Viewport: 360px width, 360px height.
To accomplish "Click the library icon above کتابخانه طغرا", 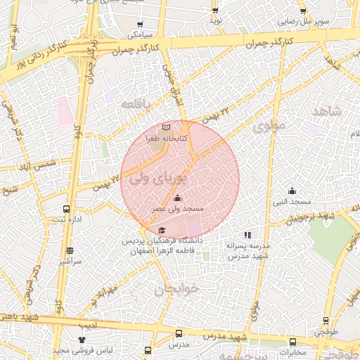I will pos(166,127).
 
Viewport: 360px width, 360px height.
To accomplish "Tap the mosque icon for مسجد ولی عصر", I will pos(176,198).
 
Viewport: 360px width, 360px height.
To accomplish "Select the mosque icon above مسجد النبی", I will pos(292,191).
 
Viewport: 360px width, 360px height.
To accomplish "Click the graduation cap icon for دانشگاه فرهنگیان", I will pos(162,230).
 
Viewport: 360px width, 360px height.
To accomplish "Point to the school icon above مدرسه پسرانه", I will pos(247,235).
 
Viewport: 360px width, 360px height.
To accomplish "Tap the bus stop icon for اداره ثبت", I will pos(67,209).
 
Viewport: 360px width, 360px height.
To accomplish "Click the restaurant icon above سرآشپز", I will pos(70,250).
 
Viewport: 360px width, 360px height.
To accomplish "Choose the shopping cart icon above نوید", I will pos(215,11).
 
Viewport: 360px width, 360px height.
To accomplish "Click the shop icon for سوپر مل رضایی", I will pos(303,11).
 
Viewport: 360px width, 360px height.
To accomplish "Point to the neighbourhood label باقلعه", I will pos(136,104).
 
